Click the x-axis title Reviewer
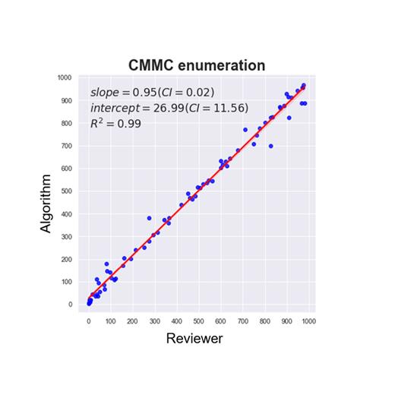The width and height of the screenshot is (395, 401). (194, 339)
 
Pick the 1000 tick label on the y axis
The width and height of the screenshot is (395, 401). (66, 77)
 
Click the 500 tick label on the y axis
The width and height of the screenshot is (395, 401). (68, 191)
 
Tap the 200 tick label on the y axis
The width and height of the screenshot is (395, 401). (68, 260)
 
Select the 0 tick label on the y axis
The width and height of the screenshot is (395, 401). (71, 305)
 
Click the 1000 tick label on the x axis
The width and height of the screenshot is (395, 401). (309, 321)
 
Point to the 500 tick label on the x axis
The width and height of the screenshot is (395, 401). (198, 321)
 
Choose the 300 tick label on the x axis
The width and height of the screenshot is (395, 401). (154, 321)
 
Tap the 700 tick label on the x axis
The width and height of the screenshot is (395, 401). (243, 321)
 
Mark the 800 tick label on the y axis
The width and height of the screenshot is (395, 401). (68, 123)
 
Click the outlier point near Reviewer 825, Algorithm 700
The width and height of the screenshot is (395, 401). (270, 146)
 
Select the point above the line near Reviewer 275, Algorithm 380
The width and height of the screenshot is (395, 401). (149, 218)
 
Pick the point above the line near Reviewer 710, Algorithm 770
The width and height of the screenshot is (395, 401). (245, 130)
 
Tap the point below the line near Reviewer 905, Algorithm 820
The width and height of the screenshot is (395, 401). (289, 118)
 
